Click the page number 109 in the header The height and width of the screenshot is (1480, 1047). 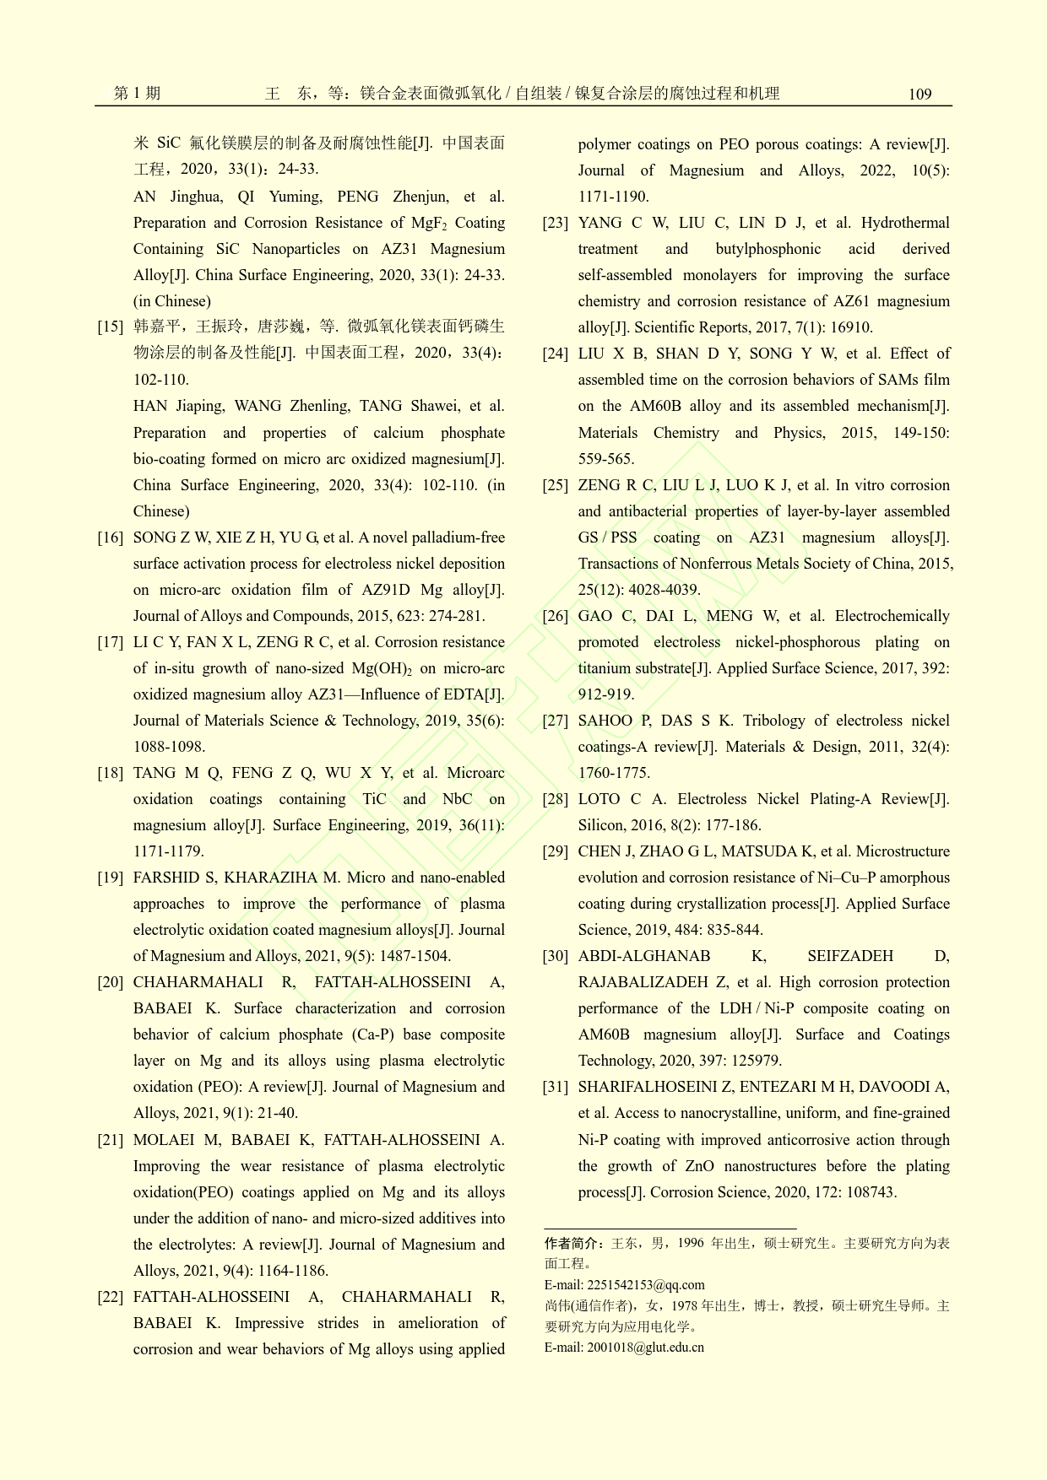(x=920, y=94)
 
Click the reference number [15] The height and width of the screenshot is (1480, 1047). (x=111, y=327)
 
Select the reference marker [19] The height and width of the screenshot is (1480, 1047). (x=111, y=878)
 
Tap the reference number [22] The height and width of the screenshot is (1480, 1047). (x=111, y=1297)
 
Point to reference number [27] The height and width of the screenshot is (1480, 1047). (x=556, y=721)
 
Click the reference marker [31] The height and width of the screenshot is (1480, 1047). (x=556, y=1087)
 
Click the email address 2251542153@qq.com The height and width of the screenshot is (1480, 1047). (x=645, y=1285)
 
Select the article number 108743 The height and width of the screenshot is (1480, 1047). (x=865, y=1192)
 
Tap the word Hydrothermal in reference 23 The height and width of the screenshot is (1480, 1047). (x=905, y=223)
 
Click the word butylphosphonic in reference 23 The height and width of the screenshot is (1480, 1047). (x=768, y=249)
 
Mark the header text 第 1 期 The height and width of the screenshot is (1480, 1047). (x=137, y=94)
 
